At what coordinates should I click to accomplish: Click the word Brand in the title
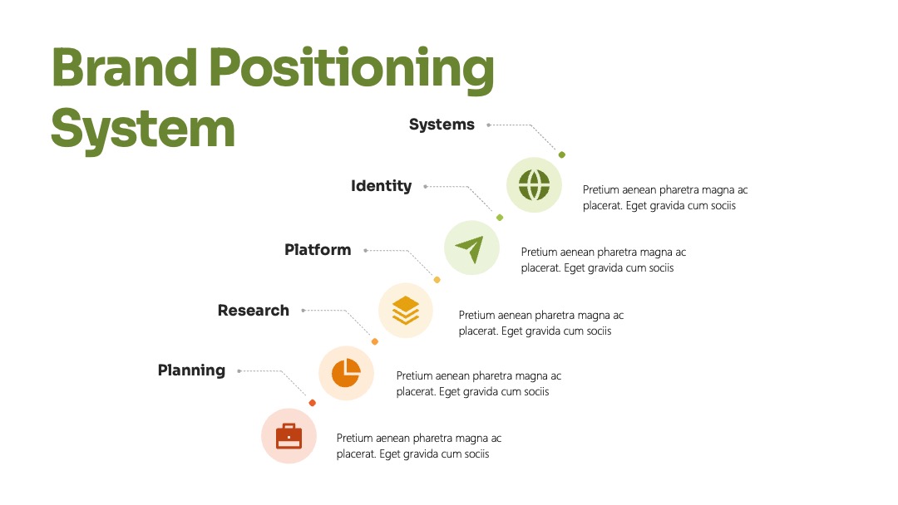pyautogui.click(x=124, y=67)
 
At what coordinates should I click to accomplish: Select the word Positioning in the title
pyautogui.click(x=351, y=70)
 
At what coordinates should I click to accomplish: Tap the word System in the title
pyautogui.click(x=143, y=130)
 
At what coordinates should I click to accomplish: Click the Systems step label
pyautogui.click(x=442, y=125)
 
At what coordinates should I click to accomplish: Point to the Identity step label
pyautogui.click(x=382, y=186)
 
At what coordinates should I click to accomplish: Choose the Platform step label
pyautogui.click(x=318, y=250)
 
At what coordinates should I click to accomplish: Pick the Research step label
pyautogui.click(x=253, y=311)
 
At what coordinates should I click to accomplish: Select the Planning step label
pyautogui.click(x=191, y=370)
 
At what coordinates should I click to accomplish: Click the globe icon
pyautogui.click(x=535, y=184)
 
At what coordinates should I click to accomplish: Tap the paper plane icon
pyautogui.click(x=471, y=249)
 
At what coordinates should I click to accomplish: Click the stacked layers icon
pyautogui.click(x=406, y=311)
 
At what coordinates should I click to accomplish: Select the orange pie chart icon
pyautogui.click(x=346, y=373)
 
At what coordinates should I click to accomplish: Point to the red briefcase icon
pyautogui.click(x=289, y=436)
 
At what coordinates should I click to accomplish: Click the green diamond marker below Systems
pyautogui.click(x=562, y=155)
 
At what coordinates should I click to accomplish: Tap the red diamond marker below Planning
pyautogui.click(x=312, y=403)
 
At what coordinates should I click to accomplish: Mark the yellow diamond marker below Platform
pyautogui.click(x=437, y=280)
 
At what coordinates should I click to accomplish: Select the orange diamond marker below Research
pyautogui.click(x=375, y=342)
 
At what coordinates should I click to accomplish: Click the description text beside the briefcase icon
pyautogui.click(x=418, y=446)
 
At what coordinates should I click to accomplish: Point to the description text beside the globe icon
pyautogui.click(x=665, y=198)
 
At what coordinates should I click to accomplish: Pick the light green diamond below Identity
pyautogui.click(x=500, y=218)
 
